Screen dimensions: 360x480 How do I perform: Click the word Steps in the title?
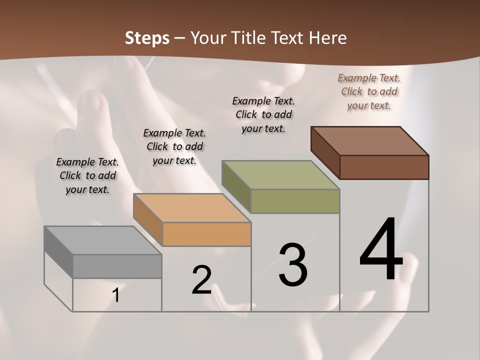click(147, 38)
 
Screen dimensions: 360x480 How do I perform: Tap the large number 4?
click(381, 250)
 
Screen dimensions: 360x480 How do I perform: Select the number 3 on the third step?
click(293, 265)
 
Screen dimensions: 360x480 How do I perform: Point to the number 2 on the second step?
click(202, 280)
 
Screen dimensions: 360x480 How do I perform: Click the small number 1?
click(116, 295)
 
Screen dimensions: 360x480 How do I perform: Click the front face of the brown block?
click(384, 167)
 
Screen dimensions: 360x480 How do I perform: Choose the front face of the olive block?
click(295, 201)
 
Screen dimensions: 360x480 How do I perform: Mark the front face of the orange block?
click(206, 234)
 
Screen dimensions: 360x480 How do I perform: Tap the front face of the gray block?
click(117, 266)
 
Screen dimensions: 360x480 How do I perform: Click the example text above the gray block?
click(87, 175)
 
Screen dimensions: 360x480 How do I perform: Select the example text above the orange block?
click(174, 146)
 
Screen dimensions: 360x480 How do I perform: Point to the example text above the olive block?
click(263, 114)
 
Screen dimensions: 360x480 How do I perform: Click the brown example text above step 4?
click(369, 91)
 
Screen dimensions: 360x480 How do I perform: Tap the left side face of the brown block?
click(325, 152)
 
